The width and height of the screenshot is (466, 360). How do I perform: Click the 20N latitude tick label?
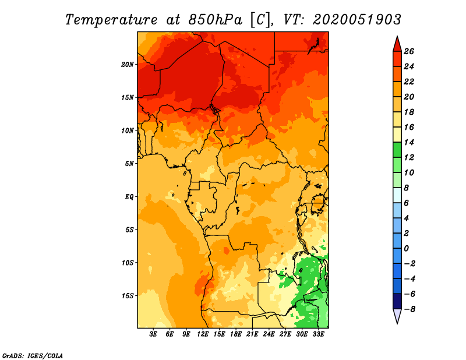tap(128, 65)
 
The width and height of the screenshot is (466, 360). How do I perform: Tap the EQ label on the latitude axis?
tap(129, 197)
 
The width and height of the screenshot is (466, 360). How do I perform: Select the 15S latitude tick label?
tap(128, 296)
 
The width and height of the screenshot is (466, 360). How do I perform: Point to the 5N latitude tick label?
tap(129, 164)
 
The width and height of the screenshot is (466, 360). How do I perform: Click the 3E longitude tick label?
tap(153, 334)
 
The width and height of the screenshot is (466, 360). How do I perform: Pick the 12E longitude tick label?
tap(203, 334)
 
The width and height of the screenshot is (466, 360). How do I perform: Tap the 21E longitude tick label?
tap(252, 334)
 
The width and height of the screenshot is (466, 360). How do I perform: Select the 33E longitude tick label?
tap(318, 334)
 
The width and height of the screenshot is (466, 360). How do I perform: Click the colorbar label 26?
tap(409, 51)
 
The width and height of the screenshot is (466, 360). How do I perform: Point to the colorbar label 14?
tap(409, 142)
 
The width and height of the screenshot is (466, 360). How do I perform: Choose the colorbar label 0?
tap(406, 249)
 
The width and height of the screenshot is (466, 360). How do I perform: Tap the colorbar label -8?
tap(409, 309)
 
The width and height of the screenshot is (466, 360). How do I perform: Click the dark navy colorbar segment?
tap(397, 301)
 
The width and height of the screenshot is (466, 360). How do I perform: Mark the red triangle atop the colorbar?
tap(397, 44)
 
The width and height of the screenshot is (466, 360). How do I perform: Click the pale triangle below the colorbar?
tap(397, 316)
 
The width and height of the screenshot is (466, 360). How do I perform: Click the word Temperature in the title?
tap(111, 20)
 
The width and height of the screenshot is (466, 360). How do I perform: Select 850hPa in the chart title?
tap(215, 20)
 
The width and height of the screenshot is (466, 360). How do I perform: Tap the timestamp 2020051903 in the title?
tap(357, 20)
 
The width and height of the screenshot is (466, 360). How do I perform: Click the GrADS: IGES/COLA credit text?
tap(33, 356)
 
